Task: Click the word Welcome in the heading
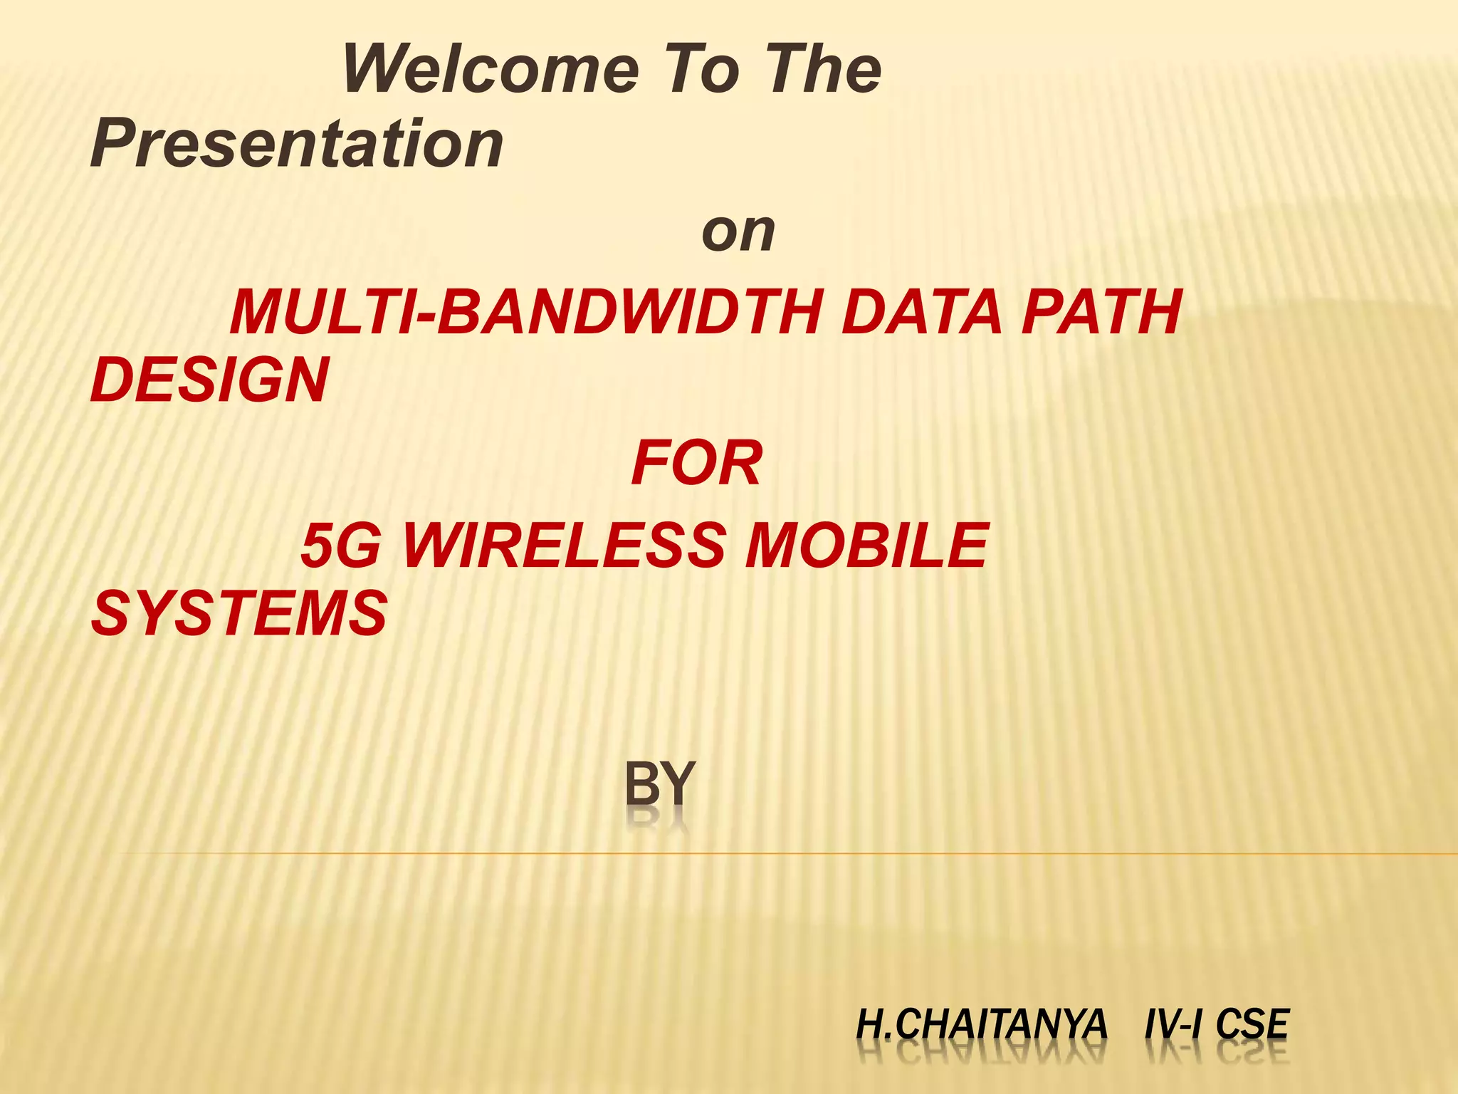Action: point(491,69)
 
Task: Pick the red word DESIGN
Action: point(210,380)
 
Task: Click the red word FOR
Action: point(696,464)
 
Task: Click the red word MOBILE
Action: point(866,546)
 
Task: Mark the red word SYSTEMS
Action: point(239,613)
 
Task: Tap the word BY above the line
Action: point(659,783)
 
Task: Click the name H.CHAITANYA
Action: point(982,1025)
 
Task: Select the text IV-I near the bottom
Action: point(1174,1025)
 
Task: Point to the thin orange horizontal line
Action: point(783,853)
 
